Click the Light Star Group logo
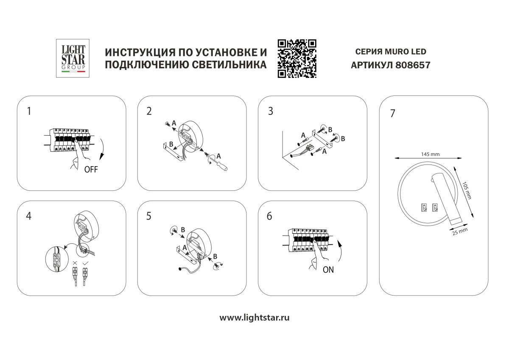tap(73, 59)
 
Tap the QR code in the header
tap(297, 59)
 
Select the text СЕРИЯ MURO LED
tap(390, 52)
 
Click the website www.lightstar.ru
tap(255, 318)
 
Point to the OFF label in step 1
tap(91, 170)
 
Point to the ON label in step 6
tap(328, 270)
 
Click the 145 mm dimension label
tap(430, 154)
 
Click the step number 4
tap(28, 216)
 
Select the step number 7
tap(392, 114)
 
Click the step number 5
tap(149, 216)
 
